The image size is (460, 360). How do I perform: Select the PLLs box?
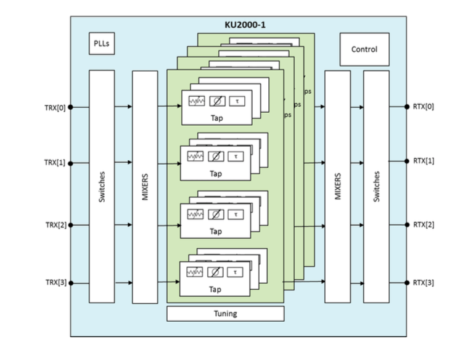[x=102, y=44]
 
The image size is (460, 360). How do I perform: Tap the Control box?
[x=364, y=49]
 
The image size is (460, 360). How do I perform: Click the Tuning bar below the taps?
[x=225, y=313]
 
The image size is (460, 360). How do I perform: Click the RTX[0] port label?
[x=424, y=107]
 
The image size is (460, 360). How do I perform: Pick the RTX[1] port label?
[x=424, y=161]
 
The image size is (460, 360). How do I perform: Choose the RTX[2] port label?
[x=424, y=224]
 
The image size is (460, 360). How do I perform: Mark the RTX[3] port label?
[x=424, y=283]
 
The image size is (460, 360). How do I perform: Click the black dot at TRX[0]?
[x=71, y=107]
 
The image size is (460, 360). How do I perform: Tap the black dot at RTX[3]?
[x=407, y=283]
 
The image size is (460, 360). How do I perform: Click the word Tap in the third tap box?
[x=216, y=231]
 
